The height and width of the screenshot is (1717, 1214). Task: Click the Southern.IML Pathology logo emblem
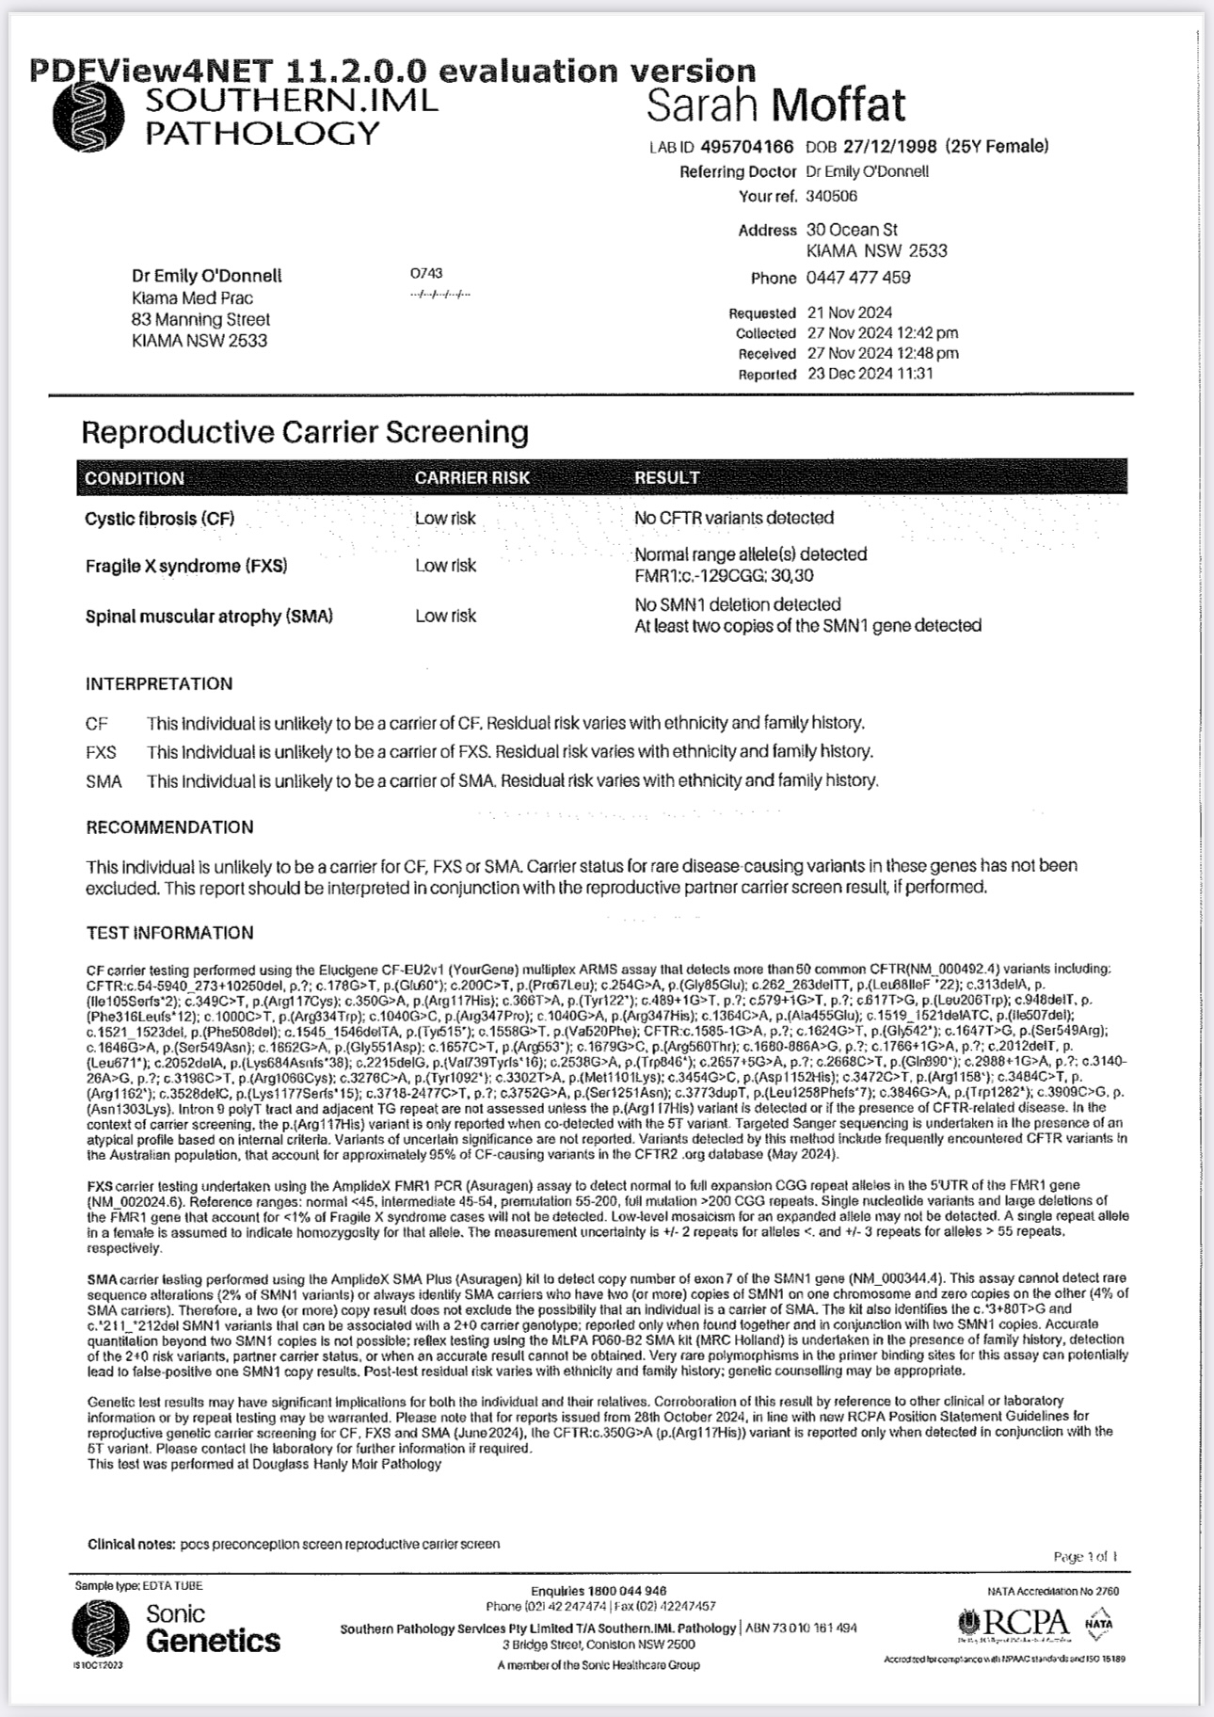(x=88, y=118)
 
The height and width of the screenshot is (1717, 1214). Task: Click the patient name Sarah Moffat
(x=775, y=105)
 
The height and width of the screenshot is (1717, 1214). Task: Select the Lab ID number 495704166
(x=747, y=147)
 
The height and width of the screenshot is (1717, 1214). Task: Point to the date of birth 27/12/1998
(x=889, y=147)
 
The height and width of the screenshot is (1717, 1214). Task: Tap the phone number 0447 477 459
(x=857, y=278)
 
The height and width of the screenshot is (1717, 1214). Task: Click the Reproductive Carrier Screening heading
(x=305, y=432)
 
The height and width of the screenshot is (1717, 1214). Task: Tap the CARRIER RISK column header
(x=471, y=478)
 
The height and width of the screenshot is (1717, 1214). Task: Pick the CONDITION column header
(x=135, y=478)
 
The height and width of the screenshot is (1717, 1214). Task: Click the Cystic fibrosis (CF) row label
(x=159, y=519)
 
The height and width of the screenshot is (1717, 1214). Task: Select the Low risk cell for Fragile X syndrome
(x=445, y=566)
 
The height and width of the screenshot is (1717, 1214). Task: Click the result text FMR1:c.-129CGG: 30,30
(x=724, y=575)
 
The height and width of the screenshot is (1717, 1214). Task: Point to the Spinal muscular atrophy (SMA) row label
(x=209, y=617)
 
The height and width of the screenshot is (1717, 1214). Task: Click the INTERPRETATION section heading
(x=159, y=684)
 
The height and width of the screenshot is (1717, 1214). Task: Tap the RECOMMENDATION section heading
(x=169, y=827)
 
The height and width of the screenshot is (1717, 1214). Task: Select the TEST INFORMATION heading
(x=169, y=933)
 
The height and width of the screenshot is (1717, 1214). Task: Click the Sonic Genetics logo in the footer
(x=176, y=1629)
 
